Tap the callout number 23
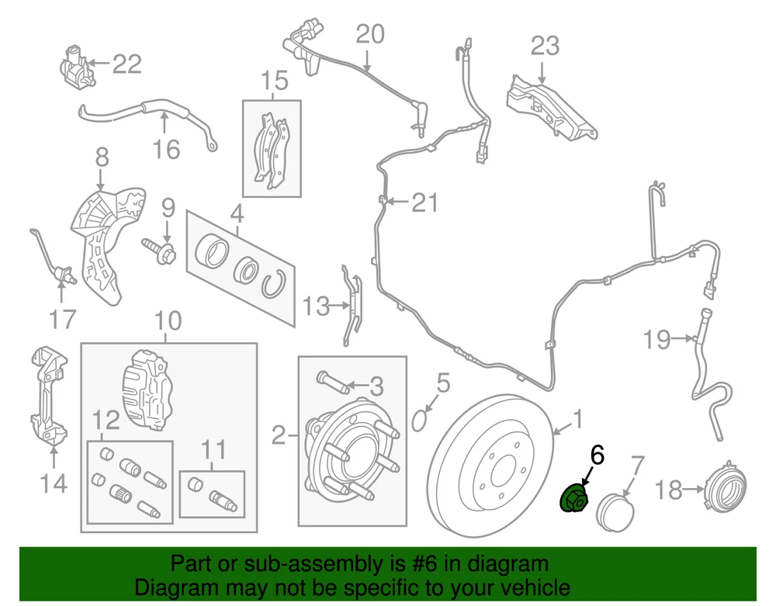point(545,46)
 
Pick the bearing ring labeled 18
point(729,490)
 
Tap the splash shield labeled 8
point(103,241)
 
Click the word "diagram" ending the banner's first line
point(508,563)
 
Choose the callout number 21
point(424,203)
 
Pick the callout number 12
point(107,421)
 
